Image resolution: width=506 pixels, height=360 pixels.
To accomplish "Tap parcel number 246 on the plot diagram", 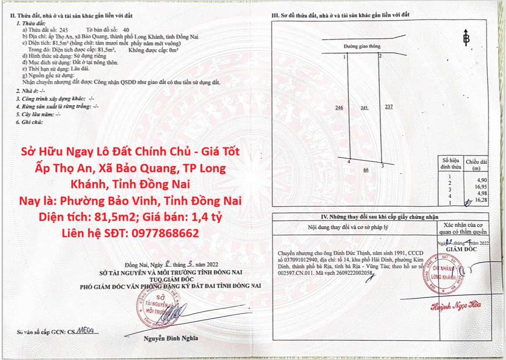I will tap(340, 107).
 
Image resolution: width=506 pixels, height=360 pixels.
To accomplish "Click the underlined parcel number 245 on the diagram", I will tap(364, 107).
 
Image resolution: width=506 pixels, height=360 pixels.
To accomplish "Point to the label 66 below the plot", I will tap(366, 170).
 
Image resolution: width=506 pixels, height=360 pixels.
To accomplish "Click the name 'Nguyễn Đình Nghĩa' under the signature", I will tap(170, 338).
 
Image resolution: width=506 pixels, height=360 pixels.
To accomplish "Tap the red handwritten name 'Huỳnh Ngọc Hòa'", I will tap(456, 306).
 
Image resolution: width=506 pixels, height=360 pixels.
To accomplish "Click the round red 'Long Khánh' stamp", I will tap(442, 274).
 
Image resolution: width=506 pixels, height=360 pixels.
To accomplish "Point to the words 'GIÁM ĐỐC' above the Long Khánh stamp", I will tap(463, 249).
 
